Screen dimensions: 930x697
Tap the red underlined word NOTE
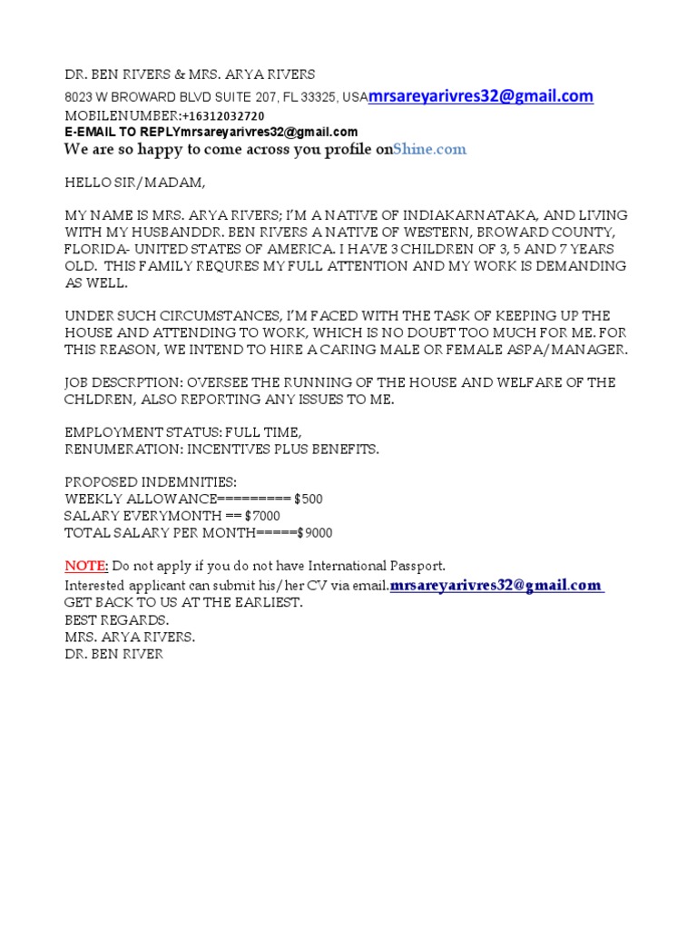[86, 566]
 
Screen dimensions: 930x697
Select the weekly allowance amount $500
[308, 499]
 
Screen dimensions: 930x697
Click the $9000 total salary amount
[314, 533]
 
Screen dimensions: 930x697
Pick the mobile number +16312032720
[223, 116]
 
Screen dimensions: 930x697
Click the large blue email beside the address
[481, 96]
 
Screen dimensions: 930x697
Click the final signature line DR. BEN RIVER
[113, 654]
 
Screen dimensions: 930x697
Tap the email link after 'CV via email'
[497, 586]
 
